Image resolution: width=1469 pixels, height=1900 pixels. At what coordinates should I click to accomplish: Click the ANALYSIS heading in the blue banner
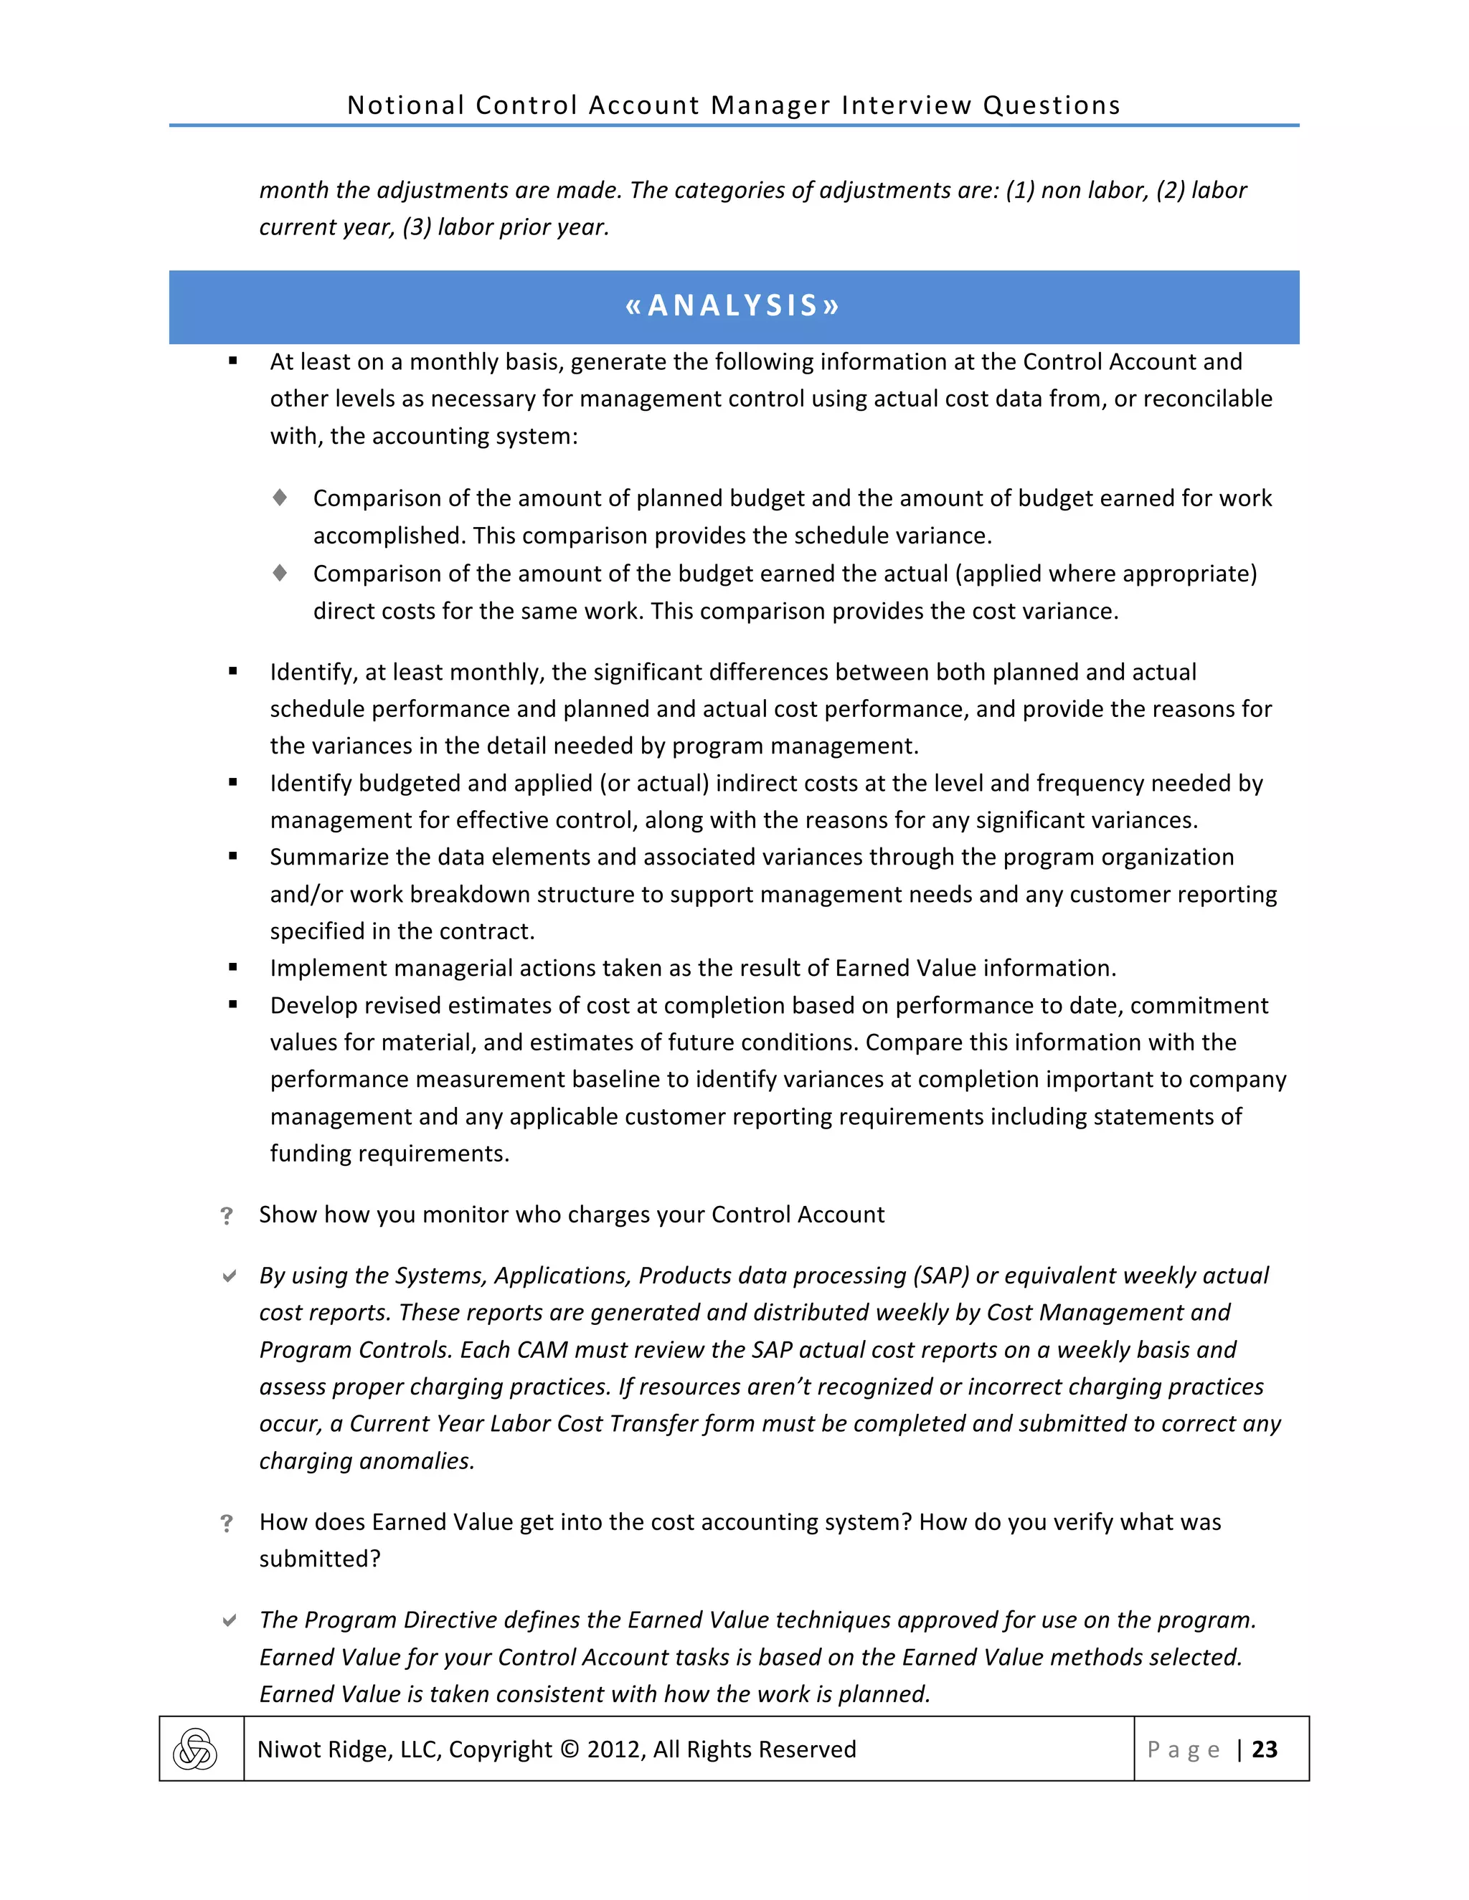click(x=733, y=306)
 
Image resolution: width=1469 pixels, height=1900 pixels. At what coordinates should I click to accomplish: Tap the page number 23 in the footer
click(x=1264, y=1749)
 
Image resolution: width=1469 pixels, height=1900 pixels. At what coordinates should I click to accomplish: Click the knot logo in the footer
click(x=195, y=1749)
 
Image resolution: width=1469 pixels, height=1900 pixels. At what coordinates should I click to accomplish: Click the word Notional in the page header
click(x=405, y=105)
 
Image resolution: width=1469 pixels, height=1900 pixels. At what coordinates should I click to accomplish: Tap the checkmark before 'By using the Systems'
click(x=229, y=1276)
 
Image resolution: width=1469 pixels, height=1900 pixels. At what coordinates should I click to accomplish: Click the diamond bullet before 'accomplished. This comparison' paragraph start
click(x=279, y=498)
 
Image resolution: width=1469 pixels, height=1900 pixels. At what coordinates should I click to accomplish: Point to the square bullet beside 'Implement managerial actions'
click(x=233, y=967)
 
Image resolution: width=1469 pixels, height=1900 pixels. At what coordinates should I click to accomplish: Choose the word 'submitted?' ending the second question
click(x=319, y=1559)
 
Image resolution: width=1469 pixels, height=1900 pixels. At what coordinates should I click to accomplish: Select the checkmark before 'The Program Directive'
click(x=229, y=1620)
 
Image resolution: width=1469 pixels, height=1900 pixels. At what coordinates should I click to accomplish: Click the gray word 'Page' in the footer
click(x=1184, y=1749)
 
